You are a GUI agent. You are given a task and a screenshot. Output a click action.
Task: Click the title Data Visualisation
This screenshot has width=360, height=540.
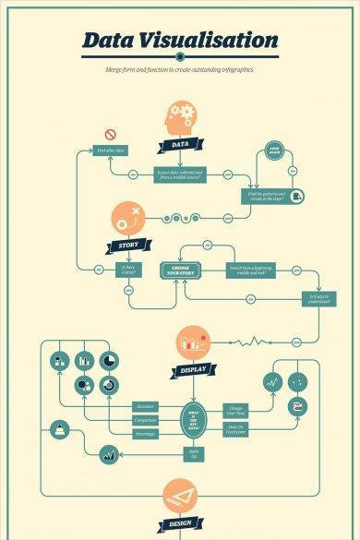(x=179, y=41)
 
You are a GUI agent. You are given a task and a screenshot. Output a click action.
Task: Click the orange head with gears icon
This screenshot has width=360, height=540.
(x=181, y=119)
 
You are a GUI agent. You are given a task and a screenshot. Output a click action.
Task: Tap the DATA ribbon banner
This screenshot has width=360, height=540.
(x=181, y=145)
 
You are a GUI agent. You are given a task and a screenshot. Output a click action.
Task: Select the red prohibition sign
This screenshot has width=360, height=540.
(x=110, y=134)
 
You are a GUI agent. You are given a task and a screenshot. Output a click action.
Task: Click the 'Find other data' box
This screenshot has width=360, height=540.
(x=112, y=150)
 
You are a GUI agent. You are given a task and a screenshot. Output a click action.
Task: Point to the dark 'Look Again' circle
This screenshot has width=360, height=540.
(x=273, y=153)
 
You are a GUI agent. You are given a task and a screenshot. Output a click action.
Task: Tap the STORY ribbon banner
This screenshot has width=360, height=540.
(x=127, y=246)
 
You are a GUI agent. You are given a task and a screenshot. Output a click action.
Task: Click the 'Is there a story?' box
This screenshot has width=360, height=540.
(x=127, y=269)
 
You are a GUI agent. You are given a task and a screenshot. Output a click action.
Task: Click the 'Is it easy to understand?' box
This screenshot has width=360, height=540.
(x=318, y=297)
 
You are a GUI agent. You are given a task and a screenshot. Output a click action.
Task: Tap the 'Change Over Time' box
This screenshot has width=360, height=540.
(x=235, y=409)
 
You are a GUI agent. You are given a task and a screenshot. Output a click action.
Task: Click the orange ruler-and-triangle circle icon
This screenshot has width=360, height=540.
(x=181, y=497)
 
